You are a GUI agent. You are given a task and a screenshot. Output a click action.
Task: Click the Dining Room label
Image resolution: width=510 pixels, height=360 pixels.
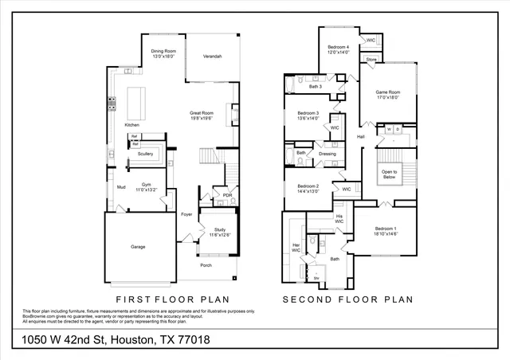pyautogui.click(x=163, y=54)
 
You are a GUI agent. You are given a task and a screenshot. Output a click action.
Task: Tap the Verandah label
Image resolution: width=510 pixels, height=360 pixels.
pyautogui.click(x=212, y=57)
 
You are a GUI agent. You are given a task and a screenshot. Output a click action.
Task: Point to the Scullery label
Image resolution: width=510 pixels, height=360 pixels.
pyautogui.click(x=145, y=154)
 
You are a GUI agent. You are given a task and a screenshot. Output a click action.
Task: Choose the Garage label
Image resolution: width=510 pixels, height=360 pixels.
pyautogui.click(x=138, y=247)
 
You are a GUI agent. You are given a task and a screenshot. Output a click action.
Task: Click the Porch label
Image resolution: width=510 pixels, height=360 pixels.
pyautogui.click(x=206, y=265)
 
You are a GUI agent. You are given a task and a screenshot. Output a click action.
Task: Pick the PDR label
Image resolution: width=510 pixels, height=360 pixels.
pyautogui.click(x=227, y=195)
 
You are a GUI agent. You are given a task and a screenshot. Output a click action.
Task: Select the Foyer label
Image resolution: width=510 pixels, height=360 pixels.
pyautogui.click(x=186, y=214)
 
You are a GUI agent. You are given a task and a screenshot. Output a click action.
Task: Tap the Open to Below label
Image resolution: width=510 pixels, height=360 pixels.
pyautogui.click(x=389, y=174)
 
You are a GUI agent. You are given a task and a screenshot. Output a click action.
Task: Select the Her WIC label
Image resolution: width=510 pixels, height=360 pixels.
pyautogui.click(x=296, y=247)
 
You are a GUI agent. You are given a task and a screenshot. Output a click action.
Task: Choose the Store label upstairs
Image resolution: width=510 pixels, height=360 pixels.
pyautogui.click(x=371, y=60)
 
